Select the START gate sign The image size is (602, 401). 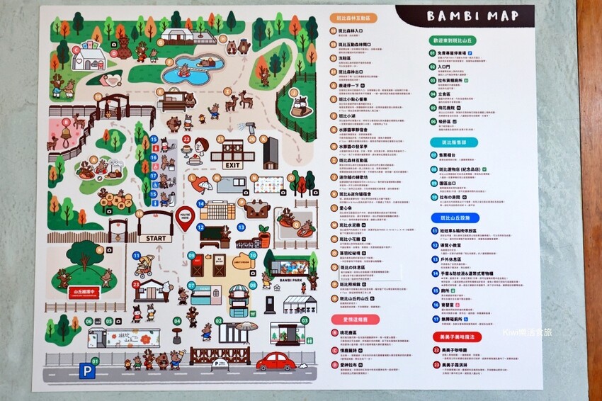(155, 238)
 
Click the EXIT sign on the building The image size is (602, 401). (232, 164)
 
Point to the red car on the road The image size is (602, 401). (276, 363)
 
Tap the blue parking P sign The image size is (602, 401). (86, 371)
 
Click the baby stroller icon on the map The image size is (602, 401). (145, 266)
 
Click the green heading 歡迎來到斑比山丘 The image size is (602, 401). (465, 42)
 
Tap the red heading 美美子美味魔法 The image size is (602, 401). (465, 338)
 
